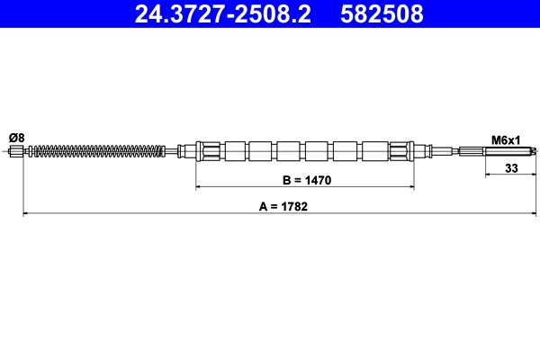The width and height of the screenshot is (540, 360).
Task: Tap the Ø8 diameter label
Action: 16,137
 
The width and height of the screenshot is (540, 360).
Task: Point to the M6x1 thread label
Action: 506,139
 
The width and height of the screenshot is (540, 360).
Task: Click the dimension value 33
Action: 510,167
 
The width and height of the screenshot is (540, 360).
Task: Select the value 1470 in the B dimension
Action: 316,180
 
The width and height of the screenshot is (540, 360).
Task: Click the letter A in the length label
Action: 264,206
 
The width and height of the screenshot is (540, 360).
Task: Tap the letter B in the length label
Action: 287,180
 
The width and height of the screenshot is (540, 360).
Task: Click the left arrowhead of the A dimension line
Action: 26,214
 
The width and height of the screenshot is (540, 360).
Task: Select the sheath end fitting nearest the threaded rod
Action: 402,150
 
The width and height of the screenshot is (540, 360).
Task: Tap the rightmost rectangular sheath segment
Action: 374,150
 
